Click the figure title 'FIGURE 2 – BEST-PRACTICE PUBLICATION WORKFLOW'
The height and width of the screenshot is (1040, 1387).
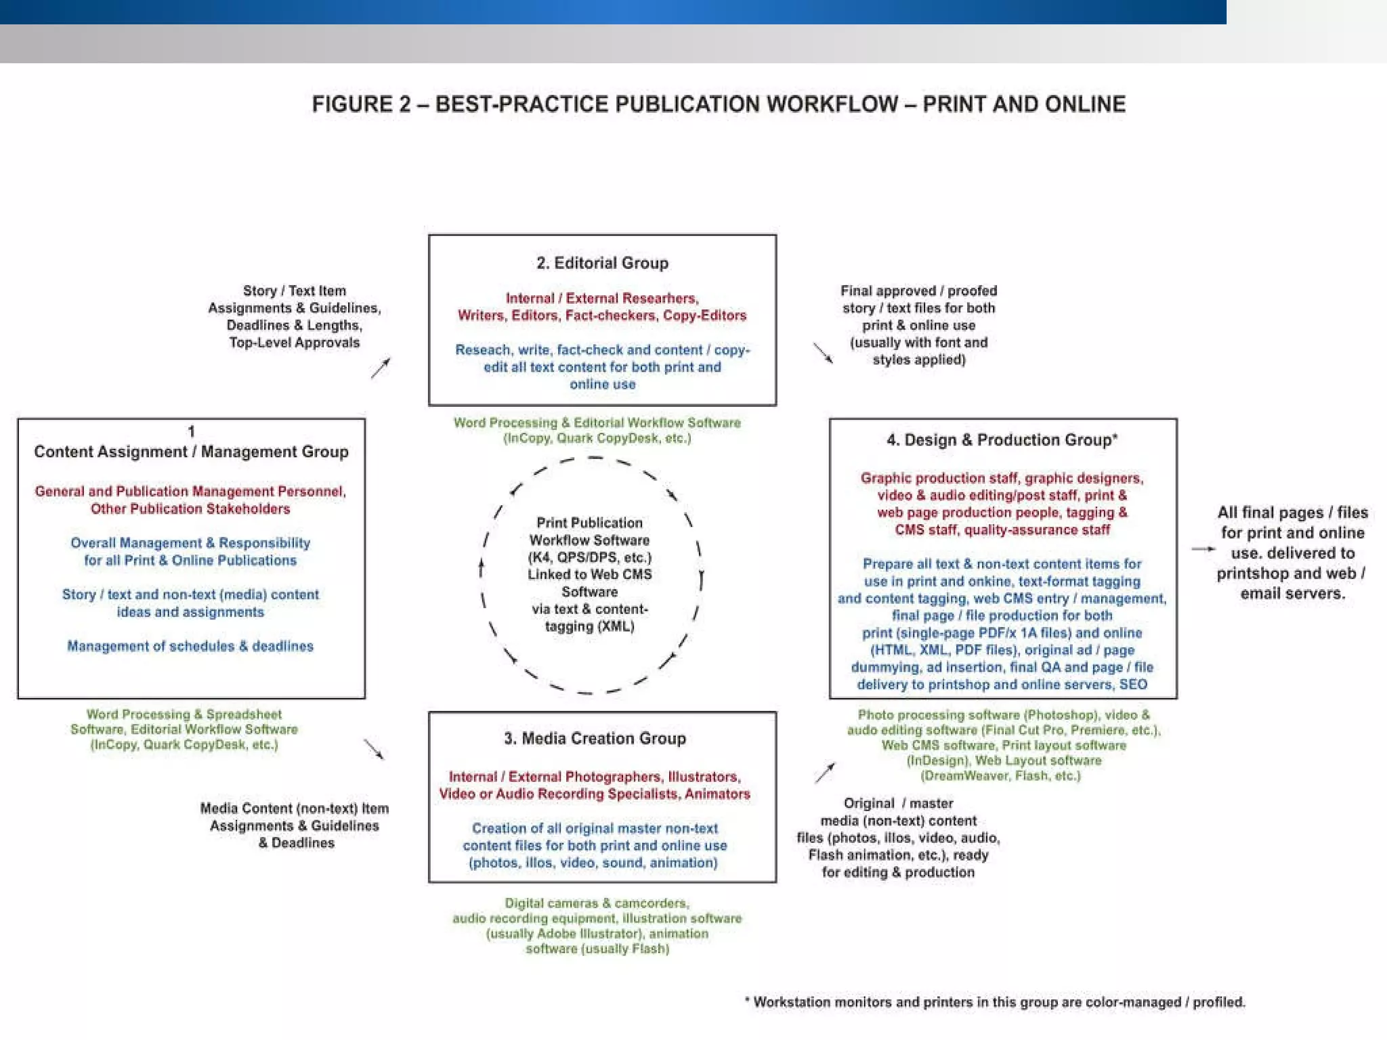(x=718, y=104)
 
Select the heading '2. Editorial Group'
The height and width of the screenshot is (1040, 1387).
(x=602, y=263)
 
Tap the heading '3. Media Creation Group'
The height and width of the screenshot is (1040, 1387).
(x=595, y=738)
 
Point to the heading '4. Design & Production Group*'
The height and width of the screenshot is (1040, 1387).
(x=1002, y=440)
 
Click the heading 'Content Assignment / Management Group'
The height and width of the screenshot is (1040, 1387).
(x=191, y=452)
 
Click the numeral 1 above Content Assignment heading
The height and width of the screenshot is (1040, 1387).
(x=191, y=431)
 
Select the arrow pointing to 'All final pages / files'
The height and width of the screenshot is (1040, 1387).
(x=1203, y=549)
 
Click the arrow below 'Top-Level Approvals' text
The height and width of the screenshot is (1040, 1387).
(x=381, y=368)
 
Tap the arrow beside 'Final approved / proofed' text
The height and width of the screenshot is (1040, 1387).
(x=823, y=353)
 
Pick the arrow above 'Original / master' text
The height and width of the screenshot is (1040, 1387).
(x=825, y=773)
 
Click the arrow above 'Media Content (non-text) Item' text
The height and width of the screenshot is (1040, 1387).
(x=374, y=749)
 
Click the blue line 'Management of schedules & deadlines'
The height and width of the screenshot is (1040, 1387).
(x=190, y=646)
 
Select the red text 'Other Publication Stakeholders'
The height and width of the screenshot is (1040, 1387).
(x=190, y=508)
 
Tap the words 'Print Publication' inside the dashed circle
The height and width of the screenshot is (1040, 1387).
(x=589, y=523)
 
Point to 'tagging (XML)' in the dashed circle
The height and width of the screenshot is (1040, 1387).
(x=589, y=626)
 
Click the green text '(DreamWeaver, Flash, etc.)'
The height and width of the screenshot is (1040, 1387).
(x=1000, y=775)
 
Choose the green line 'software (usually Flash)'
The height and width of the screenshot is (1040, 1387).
(x=597, y=949)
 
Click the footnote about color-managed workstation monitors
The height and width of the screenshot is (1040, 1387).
(x=996, y=1002)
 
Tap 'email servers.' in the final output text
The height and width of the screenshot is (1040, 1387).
(x=1292, y=594)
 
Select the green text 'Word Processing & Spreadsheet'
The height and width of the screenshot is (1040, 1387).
(x=184, y=714)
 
